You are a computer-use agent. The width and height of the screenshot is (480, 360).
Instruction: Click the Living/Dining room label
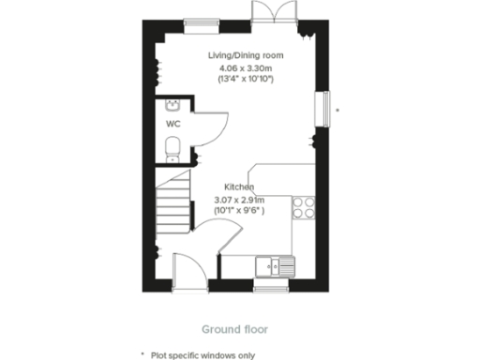[245, 55]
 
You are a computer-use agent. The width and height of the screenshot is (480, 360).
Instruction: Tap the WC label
[173, 123]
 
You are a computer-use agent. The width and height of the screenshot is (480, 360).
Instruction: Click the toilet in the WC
[172, 148]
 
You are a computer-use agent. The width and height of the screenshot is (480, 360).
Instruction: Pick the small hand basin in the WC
[173, 105]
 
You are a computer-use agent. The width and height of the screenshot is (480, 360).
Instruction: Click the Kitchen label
[239, 187]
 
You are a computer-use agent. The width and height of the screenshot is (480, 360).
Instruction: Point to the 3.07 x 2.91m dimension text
[240, 199]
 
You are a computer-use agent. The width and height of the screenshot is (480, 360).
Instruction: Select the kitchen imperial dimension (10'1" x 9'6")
[240, 210]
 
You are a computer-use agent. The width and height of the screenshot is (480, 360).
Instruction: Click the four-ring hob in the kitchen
[304, 207]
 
